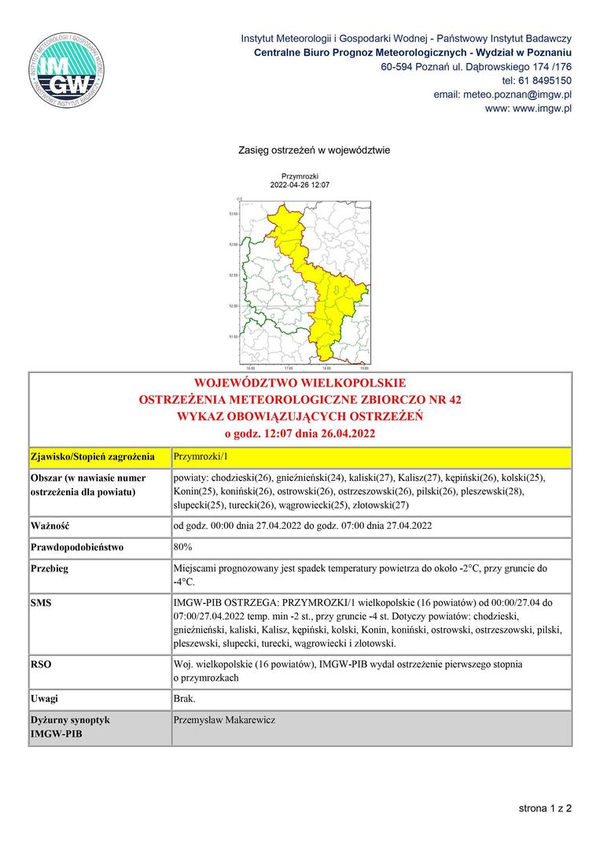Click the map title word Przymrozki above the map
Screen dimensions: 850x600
(299, 176)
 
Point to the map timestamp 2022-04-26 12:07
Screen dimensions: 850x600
(299, 185)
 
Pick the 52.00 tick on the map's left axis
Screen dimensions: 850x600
(232, 305)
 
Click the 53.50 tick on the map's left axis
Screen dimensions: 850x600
(232, 213)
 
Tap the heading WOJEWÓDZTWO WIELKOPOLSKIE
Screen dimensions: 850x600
(300, 384)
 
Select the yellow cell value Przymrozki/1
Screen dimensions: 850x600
(199, 456)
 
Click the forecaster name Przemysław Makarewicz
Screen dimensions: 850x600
(224, 719)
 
